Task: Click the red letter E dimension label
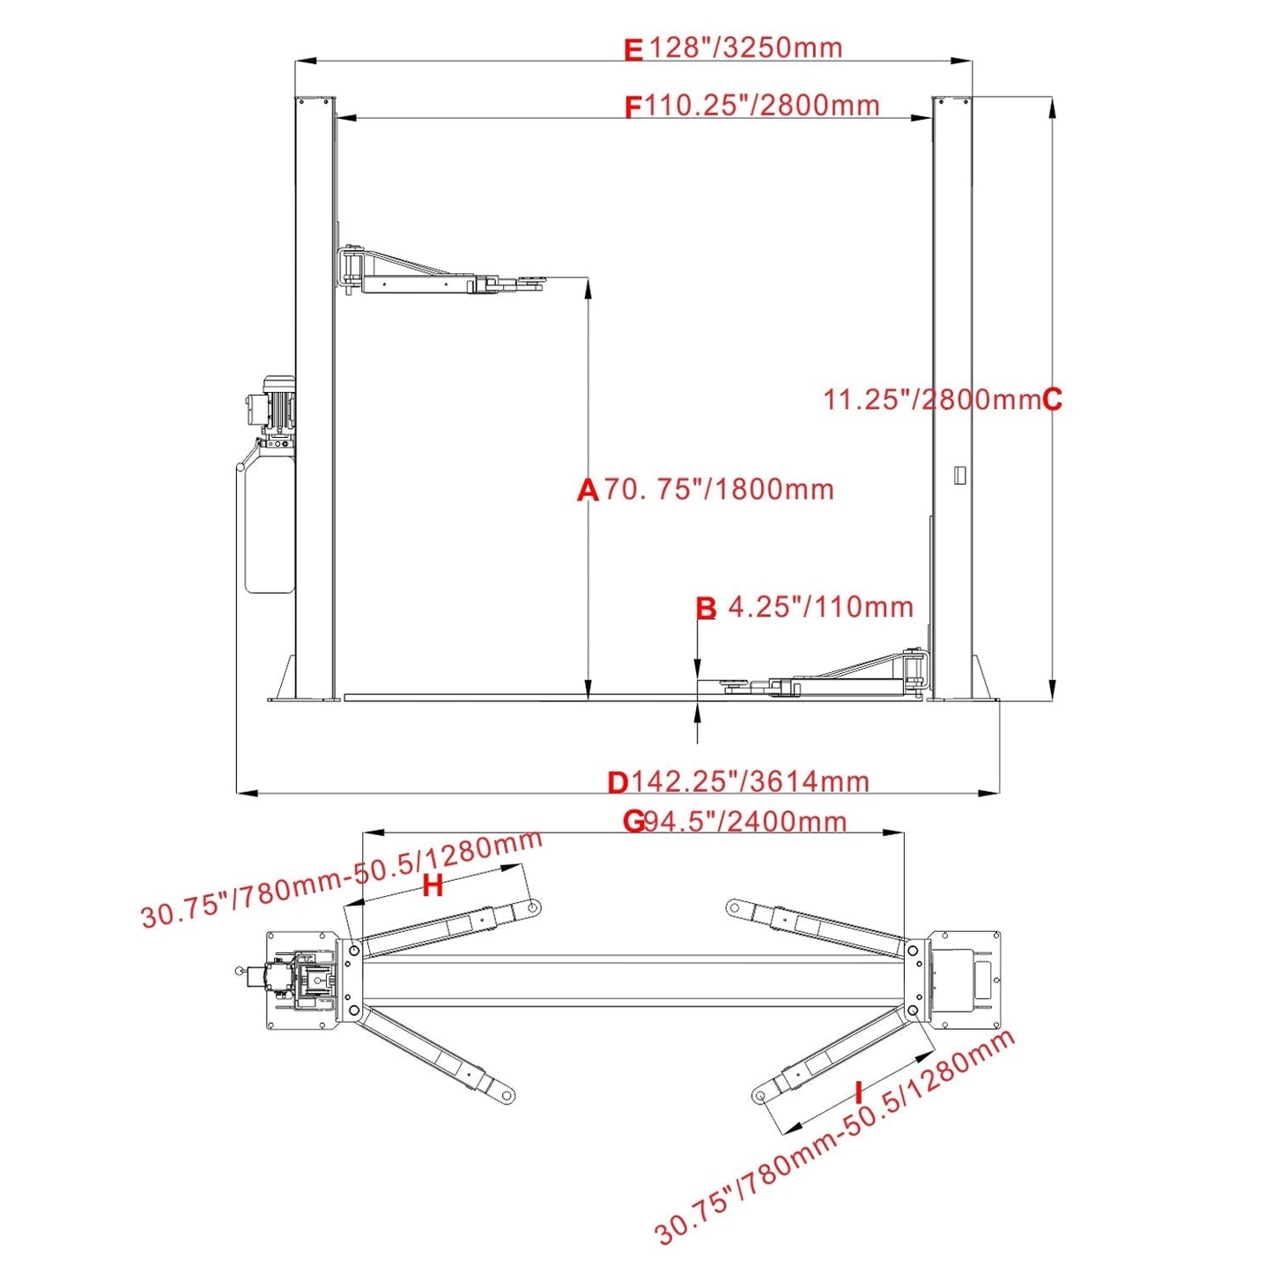coord(633,50)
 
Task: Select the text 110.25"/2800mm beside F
coord(762,106)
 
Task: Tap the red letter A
coord(588,490)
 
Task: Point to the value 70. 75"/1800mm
coord(719,489)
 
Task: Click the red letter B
coord(706,608)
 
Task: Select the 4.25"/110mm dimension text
coord(820,607)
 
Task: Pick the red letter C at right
coord(1052,400)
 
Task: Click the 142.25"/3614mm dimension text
coord(750,781)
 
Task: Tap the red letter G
coord(633,821)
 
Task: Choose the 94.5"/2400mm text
coord(745,821)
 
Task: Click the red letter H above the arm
coord(433,886)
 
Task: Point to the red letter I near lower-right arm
coord(860,1093)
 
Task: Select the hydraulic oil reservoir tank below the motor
coord(267,524)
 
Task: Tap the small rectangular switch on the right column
coord(959,474)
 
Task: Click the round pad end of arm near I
coord(760,1097)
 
